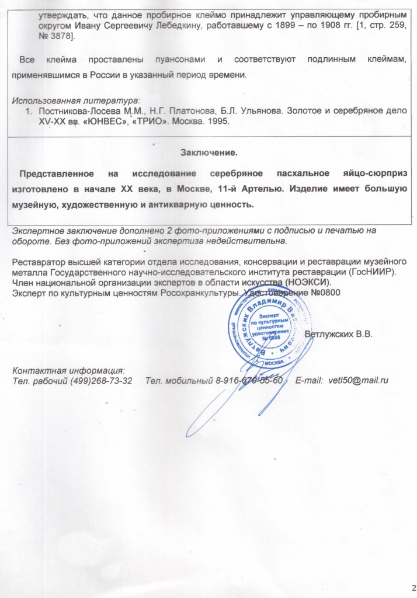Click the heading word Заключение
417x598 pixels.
pos(208,152)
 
